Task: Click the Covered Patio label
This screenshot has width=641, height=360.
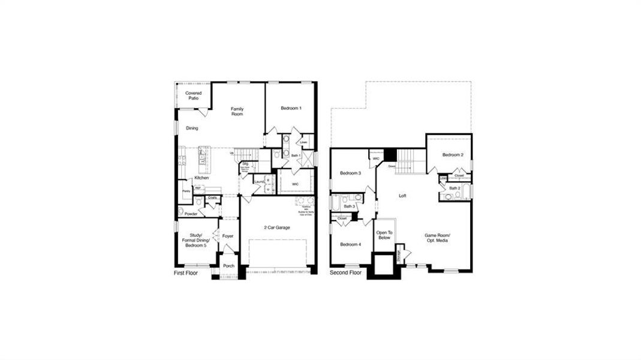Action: pyautogui.click(x=193, y=95)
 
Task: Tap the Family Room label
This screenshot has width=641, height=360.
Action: pyautogui.click(x=237, y=111)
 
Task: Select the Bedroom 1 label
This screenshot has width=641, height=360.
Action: pyautogui.click(x=291, y=108)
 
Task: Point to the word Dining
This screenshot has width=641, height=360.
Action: pyautogui.click(x=192, y=128)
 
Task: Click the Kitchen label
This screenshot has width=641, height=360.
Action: pyautogui.click(x=201, y=178)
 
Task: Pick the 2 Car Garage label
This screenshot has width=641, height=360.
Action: pyautogui.click(x=277, y=227)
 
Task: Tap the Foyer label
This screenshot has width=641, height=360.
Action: pyautogui.click(x=228, y=236)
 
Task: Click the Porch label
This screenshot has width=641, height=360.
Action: pyautogui.click(x=228, y=266)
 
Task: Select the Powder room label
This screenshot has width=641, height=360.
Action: pyautogui.click(x=191, y=214)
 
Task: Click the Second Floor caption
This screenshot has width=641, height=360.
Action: pyautogui.click(x=346, y=272)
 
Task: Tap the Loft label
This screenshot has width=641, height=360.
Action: pyautogui.click(x=404, y=196)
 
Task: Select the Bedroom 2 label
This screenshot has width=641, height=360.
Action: pyautogui.click(x=453, y=155)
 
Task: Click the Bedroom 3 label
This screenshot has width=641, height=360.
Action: pyautogui.click(x=350, y=173)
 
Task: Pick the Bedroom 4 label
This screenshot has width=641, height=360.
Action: pyautogui.click(x=350, y=244)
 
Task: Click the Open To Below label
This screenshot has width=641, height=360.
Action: pyautogui.click(x=384, y=235)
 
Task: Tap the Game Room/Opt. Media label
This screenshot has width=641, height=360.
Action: pyautogui.click(x=437, y=238)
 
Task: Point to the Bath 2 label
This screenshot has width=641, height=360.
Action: pyautogui.click(x=455, y=188)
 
